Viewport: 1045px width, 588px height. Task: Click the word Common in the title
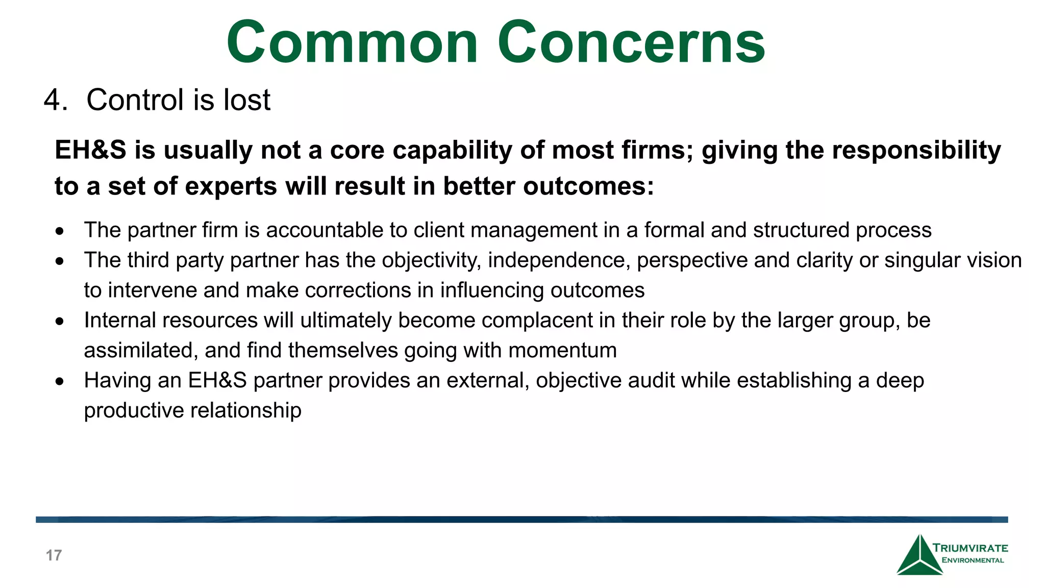click(x=352, y=43)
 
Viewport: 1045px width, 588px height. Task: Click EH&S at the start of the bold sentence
click(x=90, y=151)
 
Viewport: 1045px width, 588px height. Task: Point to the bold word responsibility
click(x=916, y=151)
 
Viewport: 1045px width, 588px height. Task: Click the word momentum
click(x=562, y=351)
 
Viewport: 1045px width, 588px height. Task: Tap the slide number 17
click(x=54, y=555)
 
